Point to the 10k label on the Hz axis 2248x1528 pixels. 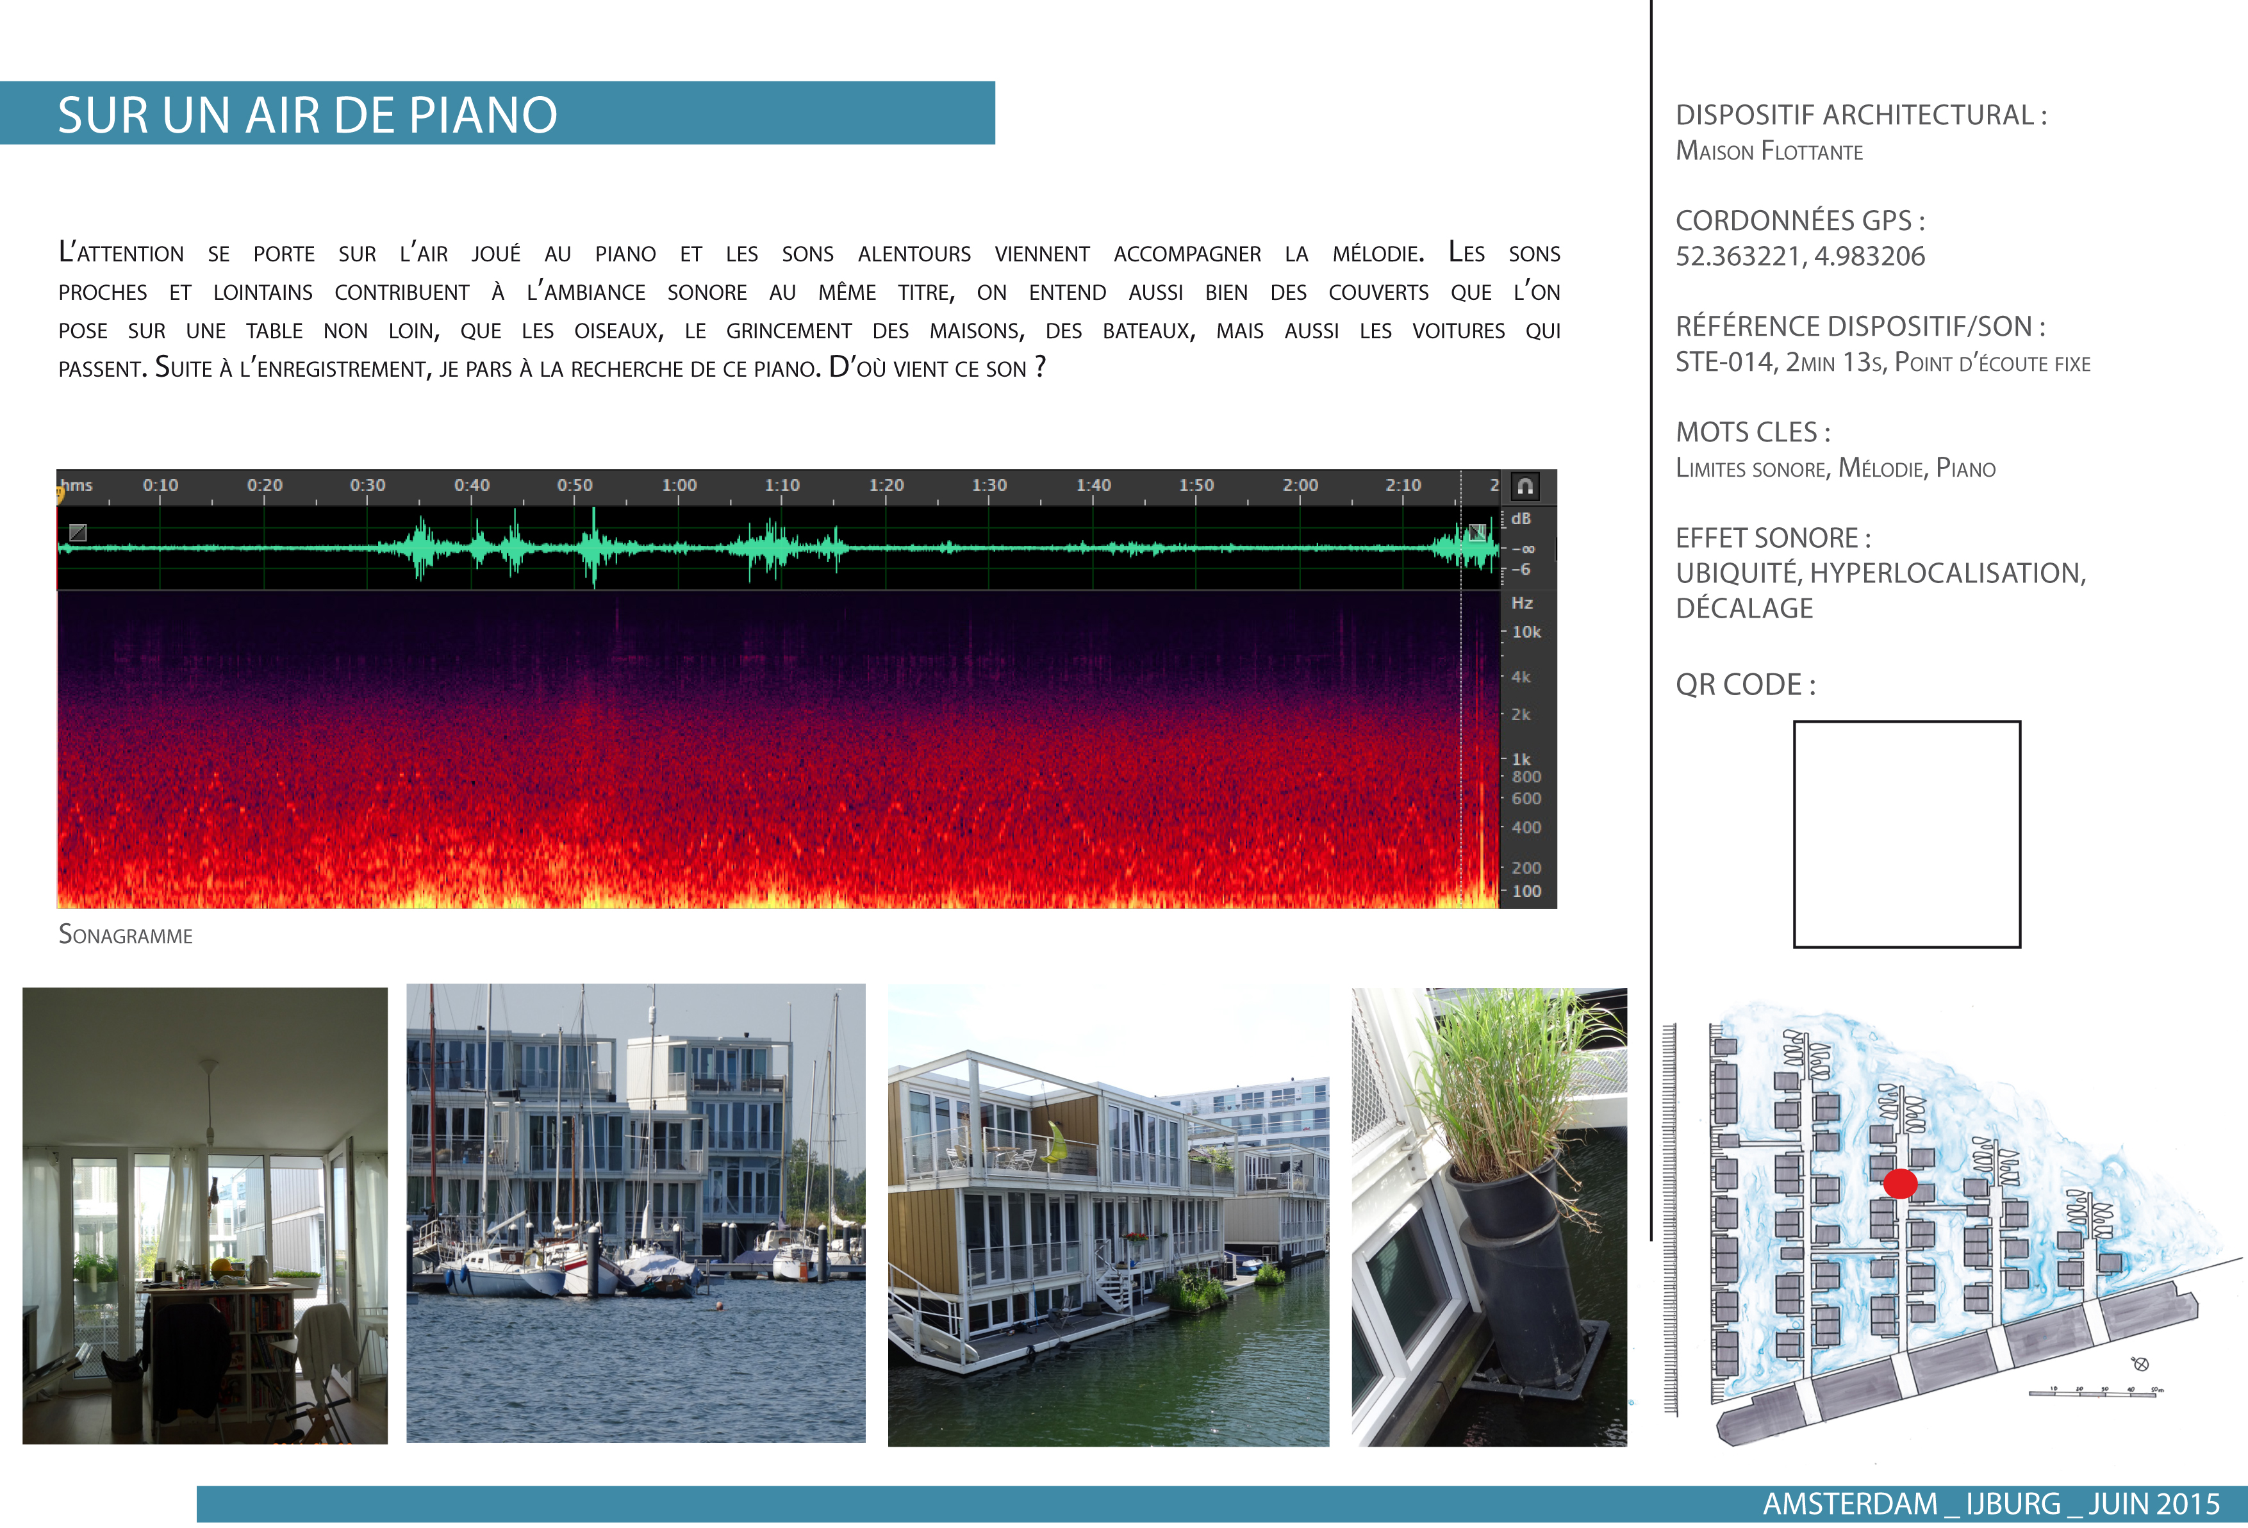click(1526, 632)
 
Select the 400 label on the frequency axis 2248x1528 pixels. click(1526, 828)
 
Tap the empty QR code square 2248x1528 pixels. click(1906, 834)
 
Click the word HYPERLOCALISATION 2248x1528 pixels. click(1948, 573)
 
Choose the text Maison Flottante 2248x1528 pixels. click(1769, 151)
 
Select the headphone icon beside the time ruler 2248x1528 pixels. click(1525, 486)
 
